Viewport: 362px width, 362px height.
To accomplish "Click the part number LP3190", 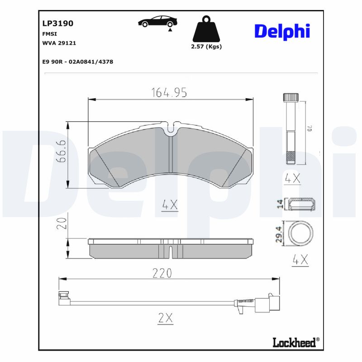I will point(57,23).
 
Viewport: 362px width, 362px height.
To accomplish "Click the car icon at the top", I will point(158,22).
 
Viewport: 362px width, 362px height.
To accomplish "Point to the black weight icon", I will point(207,29).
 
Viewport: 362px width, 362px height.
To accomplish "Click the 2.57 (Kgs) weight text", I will point(207,47).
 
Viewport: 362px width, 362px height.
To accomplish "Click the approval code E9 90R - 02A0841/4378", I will point(77,62).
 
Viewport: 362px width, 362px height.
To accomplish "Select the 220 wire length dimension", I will point(162,273).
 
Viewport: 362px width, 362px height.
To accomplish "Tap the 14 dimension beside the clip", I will point(280,205).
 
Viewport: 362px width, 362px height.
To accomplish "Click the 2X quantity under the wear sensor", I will point(166,318).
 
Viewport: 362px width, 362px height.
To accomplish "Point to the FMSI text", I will point(49,33).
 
